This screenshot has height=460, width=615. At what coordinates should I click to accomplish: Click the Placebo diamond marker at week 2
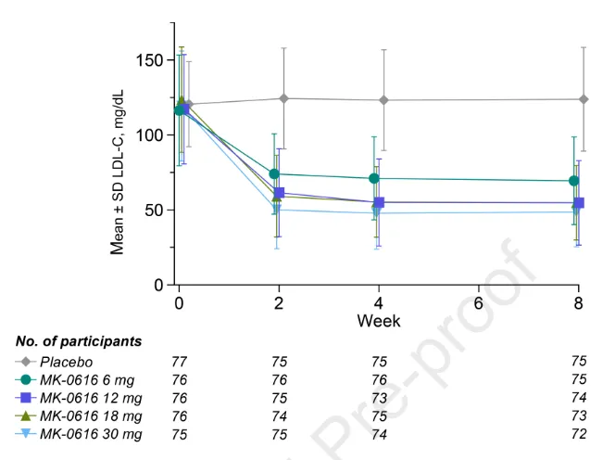click(x=282, y=98)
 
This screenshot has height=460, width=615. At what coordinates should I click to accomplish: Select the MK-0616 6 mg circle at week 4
click(x=374, y=178)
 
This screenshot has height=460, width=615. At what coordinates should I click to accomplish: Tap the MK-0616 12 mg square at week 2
click(x=280, y=193)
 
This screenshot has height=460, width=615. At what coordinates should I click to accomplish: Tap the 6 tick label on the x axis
click(x=478, y=303)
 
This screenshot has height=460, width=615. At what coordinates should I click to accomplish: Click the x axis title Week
click(x=378, y=321)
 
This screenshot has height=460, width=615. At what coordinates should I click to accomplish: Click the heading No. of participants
click(x=79, y=341)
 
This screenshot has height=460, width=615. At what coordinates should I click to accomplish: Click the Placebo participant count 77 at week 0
click(x=180, y=362)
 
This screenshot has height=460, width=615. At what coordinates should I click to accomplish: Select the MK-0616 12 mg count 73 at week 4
click(x=379, y=398)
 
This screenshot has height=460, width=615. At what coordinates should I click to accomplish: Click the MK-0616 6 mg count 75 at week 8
click(x=579, y=379)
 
